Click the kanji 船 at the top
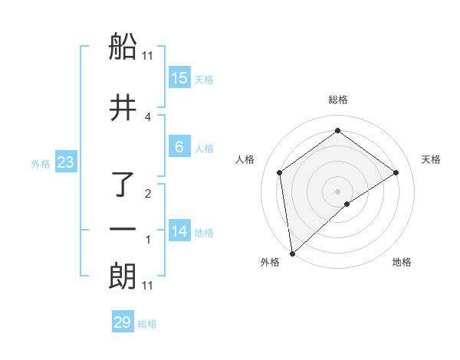tap(123, 47)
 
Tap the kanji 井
tap(123, 109)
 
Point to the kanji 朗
tap(123, 276)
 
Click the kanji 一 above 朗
tap(123, 230)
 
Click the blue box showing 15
tap(179, 78)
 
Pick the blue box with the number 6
tap(179, 148)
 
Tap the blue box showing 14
tap(179, 231)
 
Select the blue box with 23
tap(65, 162)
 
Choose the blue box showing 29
tap(123, 322)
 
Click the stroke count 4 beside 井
tap(148, 116)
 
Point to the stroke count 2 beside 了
tap(148, 193)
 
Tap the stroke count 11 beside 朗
tap(148, 286)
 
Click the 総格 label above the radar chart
tap(338, 100)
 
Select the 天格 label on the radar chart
tap(432, 159)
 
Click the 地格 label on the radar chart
tap(402, 262)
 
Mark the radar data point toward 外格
tap(291, 253)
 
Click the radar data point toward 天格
tap(396, 173)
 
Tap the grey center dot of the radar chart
tap(338, 191)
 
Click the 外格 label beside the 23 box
tap(41, 163)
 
